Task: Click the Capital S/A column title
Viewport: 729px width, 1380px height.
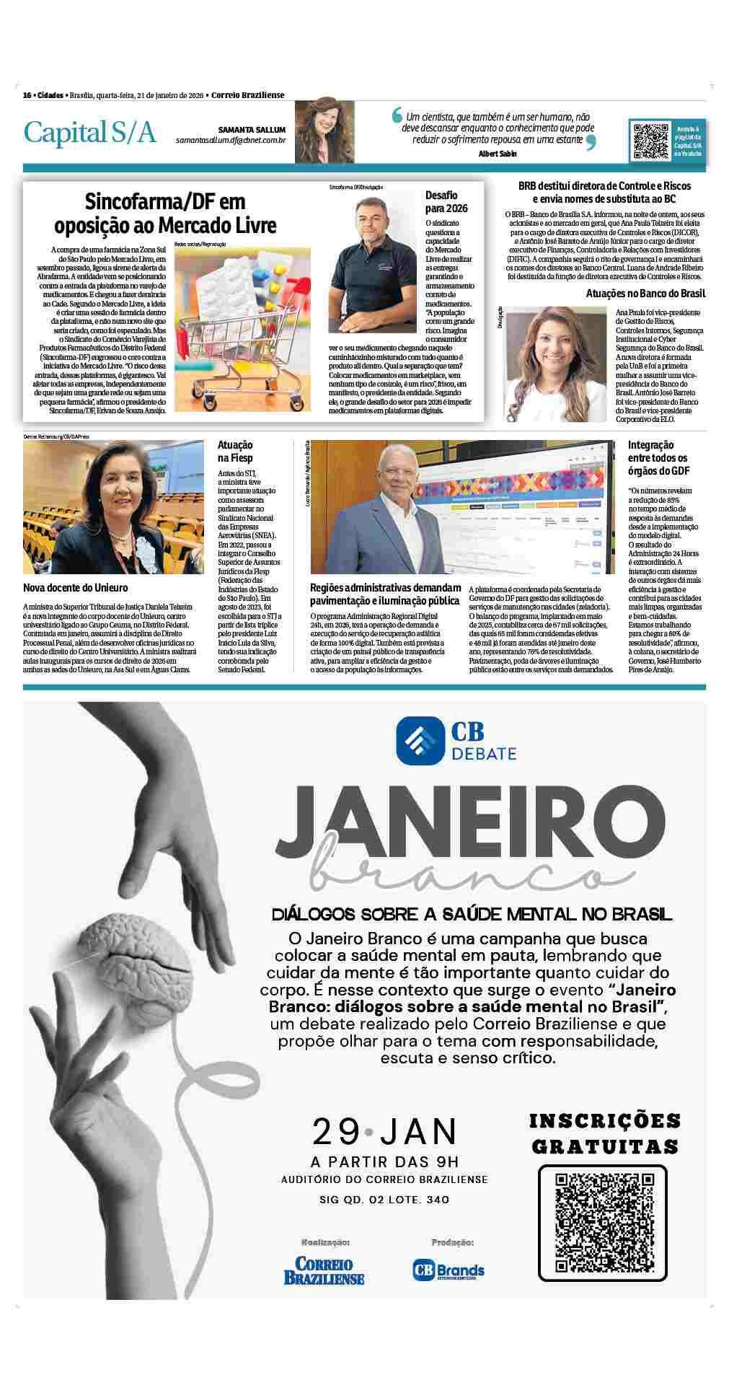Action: pyautogui.click(x=89, y=133)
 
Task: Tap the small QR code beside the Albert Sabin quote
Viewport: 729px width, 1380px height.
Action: pyautogui.click(x=650, y=141)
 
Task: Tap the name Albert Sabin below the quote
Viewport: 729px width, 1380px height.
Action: pyautogui.click(x=497, y=154)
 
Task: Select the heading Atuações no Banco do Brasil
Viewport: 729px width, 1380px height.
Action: pyautogui.click(x=645, y=294)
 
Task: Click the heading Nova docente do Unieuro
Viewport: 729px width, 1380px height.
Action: pyautogui.click(x=76, y=588)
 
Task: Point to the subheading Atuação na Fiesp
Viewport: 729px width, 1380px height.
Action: pyautogui.click(x=235, y=452)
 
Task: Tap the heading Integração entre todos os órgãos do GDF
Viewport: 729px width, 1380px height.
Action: pyautogui.click(x=657, y=458)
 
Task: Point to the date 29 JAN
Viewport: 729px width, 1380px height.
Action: pyautogui.click(x=384, y=1131)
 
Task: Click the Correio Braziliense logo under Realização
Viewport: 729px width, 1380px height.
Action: pyautogui.click(x=324, y=1269)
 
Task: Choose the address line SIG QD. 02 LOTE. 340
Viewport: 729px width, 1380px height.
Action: pyautogui.click(x=384, y=1200)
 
